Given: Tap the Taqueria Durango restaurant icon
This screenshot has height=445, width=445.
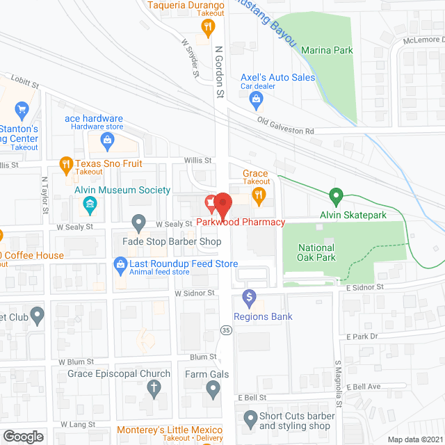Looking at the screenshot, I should click(x=207, y=28).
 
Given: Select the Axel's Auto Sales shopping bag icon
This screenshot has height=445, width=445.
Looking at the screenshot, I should click(x=257, y=102).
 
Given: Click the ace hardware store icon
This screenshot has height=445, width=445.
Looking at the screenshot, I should click(x=108, y=143).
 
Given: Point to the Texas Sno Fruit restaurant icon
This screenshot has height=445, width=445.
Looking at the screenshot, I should click(x=65, y=165).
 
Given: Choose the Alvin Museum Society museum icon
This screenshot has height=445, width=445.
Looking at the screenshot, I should click(x=90, y=204).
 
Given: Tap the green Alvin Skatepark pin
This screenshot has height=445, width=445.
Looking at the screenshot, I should click(x=337, y=197).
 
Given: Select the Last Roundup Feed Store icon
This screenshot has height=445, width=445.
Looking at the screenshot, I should click(x=120, y=265).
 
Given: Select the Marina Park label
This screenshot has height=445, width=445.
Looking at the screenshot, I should click(x=327, y=50).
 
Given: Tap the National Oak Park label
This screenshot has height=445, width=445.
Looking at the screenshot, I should click(x=316, y=252).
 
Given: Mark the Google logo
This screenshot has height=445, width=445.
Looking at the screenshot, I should click(x=23, y=436).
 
